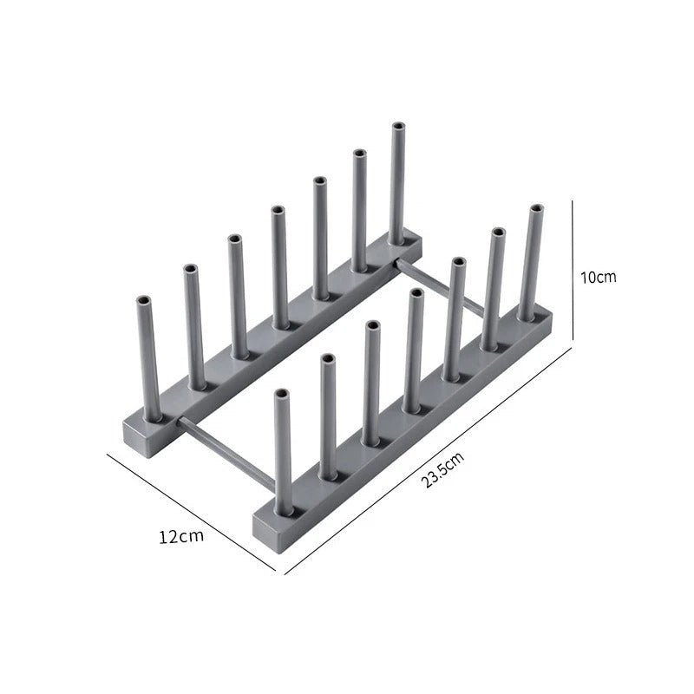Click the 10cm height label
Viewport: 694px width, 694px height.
pos(599,278)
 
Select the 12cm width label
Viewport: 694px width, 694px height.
pos(181,535)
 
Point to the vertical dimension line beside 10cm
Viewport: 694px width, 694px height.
pos(573,269)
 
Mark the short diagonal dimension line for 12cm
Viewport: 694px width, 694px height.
pos(191,512)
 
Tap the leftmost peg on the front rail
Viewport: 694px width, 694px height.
pos(283,451)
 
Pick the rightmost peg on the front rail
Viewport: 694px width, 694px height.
pos(531,260)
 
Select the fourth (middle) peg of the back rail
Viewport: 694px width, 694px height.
pos(278,265)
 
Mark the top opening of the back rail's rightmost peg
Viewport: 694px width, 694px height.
pos(398,127)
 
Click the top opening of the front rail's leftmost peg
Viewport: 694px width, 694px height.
pos(282,395)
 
